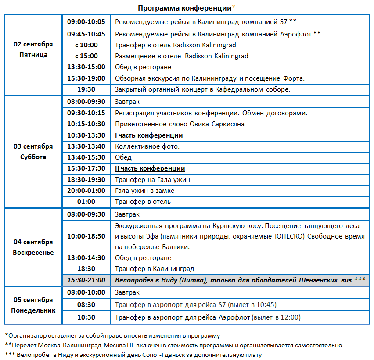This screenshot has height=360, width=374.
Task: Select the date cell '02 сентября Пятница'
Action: coord(33,50)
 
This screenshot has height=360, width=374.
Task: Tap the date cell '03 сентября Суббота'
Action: coord(33,152)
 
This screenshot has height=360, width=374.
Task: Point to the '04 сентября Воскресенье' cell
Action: coord(33,247)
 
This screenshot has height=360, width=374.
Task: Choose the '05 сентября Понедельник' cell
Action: coord(33,305)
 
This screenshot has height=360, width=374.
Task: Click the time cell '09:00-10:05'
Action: coord(86,21)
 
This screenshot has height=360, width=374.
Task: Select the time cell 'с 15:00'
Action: coord(86,56)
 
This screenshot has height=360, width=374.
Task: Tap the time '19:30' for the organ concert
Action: coord(86,89)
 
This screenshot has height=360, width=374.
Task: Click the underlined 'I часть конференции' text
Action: coord(149,135)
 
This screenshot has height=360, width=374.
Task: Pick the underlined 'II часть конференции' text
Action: coord(150,168)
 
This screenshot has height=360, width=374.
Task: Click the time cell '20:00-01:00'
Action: coord(86,191)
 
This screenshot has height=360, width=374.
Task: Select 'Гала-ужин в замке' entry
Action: coord(144,191)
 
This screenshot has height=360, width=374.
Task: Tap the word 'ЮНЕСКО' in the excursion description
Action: coord(290,237)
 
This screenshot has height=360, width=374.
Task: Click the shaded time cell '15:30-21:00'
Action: coord(86,280)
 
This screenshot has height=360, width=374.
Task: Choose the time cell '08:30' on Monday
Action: coord(86,305)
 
